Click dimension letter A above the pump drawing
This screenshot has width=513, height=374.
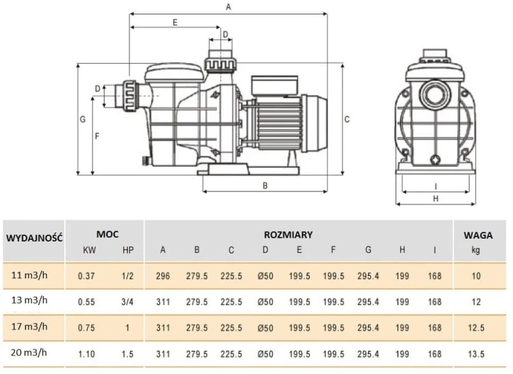(x=228, y=6)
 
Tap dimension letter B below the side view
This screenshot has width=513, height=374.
(x=265, y=185)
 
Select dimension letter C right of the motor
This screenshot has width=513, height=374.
(x=347, y=119)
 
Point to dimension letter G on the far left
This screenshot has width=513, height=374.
(x=82, y=119)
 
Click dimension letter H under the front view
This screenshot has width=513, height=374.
(x=436, y=198)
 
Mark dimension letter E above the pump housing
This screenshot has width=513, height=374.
(x=175, y=23)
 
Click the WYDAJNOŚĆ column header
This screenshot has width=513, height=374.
(x=34, y=238)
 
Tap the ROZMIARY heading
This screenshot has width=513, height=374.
(x=288, y=235)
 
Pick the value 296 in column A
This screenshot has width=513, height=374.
(x=163, y=276)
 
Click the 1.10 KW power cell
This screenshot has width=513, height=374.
(x=86, y=353)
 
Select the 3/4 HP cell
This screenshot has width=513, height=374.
(x=127, y=301)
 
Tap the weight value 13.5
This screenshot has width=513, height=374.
(x=476, y=353)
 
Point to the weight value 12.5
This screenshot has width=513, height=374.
(x=476, y=328)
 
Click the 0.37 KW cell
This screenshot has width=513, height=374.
(x=86, y=276)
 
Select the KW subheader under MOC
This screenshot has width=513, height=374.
(x=88, y=250)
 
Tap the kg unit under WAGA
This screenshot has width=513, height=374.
(x=476, y=250)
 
